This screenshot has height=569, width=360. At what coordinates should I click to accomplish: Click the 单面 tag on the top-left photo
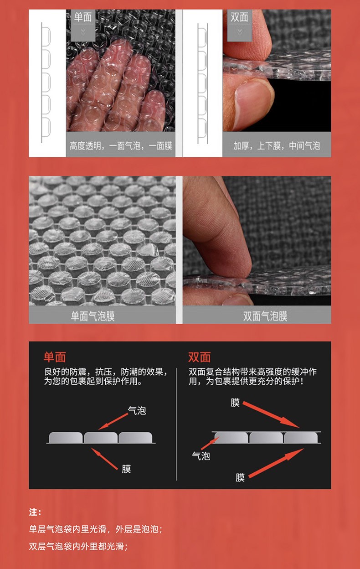(x=83, y=17)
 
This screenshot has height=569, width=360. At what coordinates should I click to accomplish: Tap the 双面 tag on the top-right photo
(x=239, y=17)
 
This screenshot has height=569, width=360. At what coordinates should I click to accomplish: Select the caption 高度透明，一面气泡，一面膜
(x=121, y=146)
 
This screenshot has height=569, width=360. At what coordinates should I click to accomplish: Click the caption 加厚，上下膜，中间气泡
(x=277, y=146)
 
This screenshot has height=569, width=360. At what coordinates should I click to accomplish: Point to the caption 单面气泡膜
(x=93, y=316)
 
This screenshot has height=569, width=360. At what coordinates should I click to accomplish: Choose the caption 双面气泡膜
(x=265, y=316)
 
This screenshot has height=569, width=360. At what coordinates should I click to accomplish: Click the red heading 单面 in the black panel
(x=55, y=357)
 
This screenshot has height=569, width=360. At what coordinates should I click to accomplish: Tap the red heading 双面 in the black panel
(x=199, y=357)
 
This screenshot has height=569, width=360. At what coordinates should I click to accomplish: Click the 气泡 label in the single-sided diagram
(x=137, y=410)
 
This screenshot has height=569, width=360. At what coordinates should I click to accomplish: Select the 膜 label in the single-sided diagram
(x=126, y=469)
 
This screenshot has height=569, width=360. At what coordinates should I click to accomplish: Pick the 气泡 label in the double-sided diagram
(x=201, y=456)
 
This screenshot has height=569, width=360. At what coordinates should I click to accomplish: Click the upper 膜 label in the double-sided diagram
(x=235, y=403)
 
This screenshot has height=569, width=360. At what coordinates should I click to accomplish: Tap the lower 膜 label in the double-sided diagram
(x=240, y=477)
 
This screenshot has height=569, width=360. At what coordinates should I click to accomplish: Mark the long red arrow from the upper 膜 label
(x=271, y=414)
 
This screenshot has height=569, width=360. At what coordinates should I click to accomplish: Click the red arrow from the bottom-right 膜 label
(x=276, y=463)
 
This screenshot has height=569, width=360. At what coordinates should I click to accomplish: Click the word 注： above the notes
(x=35, y=512)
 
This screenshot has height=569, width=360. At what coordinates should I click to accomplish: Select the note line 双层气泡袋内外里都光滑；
(x=78, y=546)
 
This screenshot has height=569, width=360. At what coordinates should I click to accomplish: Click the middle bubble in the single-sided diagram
(x=101, y=437)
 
